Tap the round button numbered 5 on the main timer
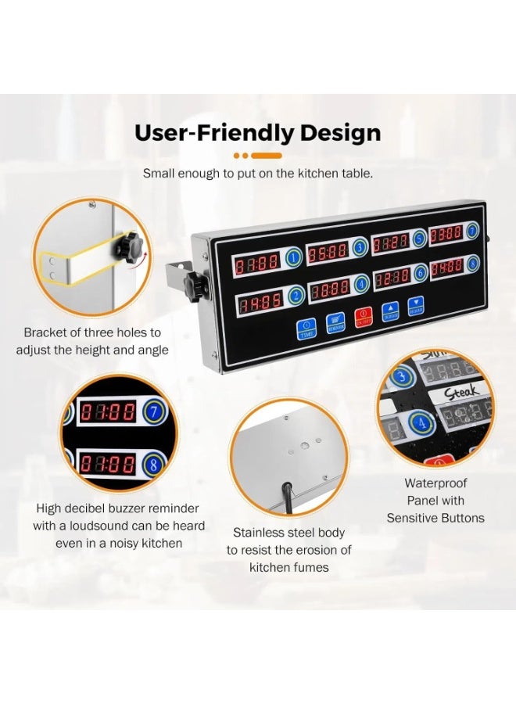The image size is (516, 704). (x=419, y=239)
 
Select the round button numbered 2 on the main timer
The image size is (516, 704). (x=296, y=296)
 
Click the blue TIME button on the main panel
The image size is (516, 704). (x=306, y=329)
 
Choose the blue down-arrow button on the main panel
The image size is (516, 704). (x=417, y=305)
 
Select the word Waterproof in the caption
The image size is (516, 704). (x=435, y=483)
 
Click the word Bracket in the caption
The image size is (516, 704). (x=45, y=332)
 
